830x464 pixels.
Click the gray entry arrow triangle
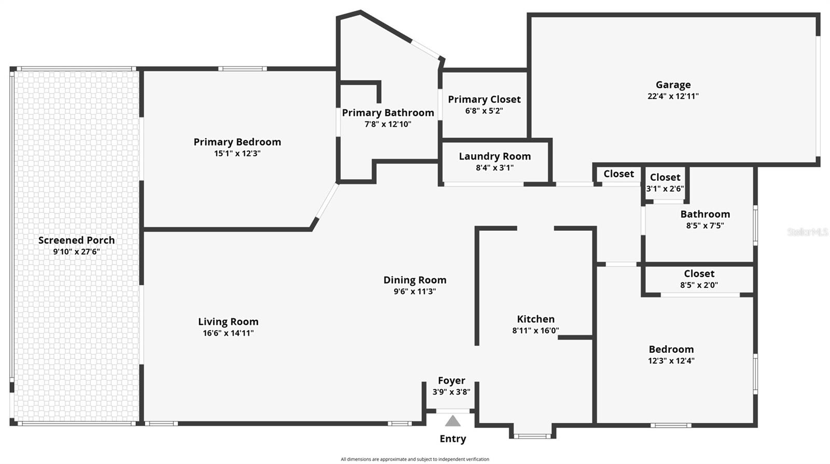453,421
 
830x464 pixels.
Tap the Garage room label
673,85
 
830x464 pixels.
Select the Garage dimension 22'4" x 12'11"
673,96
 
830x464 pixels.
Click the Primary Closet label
484,99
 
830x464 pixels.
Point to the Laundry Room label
494,156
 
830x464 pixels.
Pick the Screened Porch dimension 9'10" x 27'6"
76,251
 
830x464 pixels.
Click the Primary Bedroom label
237,142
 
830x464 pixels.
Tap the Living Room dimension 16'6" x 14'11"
228,333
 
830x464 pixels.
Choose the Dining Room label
414,280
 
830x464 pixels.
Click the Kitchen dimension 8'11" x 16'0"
535,330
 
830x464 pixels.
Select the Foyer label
451,380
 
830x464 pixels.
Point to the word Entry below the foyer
453,439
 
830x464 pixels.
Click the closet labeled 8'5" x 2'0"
699,285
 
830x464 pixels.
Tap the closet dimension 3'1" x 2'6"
665,189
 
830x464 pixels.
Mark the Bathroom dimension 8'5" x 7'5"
705,226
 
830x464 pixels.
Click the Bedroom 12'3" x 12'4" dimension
671,361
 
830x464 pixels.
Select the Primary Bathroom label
388,113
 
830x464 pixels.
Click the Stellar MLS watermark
807,232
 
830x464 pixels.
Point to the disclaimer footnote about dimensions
414,459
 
